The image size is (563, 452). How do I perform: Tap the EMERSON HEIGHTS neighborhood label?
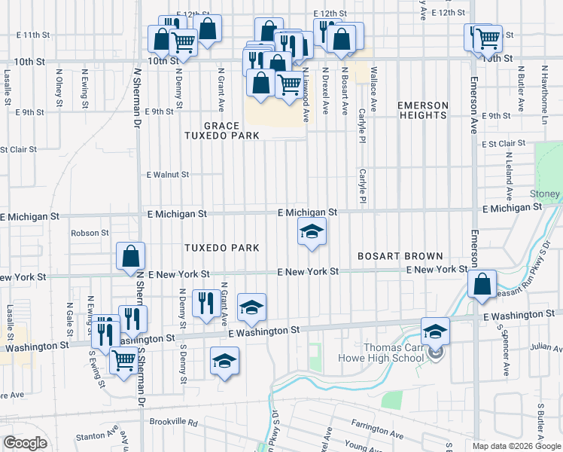coord(422,110)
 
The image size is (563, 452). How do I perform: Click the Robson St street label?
coord(90,233)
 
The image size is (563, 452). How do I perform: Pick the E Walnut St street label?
coord(168,174)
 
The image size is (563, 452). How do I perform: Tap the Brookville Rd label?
coord(172,423)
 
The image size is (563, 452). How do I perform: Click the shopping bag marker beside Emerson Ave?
coord(482,285)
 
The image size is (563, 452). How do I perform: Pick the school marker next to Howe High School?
coord(435,331)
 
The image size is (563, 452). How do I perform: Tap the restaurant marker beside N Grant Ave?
coord(205,304)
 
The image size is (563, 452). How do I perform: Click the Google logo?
coord(25,443)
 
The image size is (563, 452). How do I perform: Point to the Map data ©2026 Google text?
coord(516,446)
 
